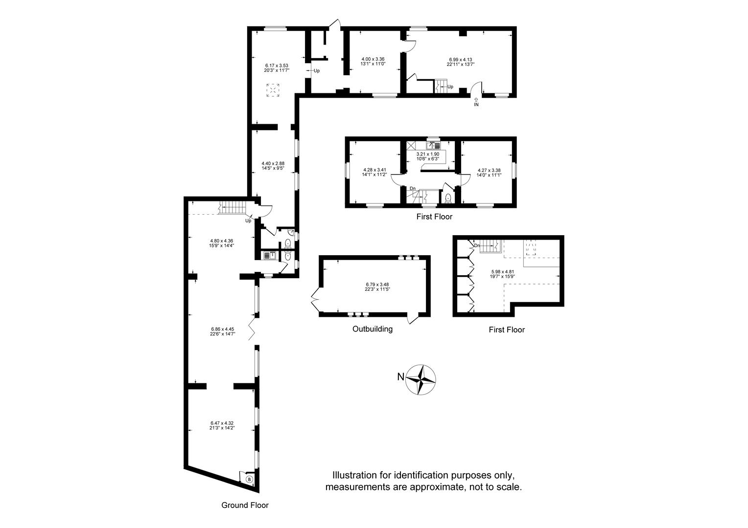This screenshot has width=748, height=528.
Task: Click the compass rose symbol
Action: tap(421, 379)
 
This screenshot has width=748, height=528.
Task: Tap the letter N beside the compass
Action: tap(401, 377)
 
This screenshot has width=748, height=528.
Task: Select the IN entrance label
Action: tap(476, 105)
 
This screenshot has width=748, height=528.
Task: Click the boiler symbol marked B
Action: tap(250, 480)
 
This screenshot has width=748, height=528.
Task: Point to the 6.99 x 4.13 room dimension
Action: tap(461, 60)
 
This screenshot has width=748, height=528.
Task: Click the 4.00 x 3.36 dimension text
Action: tap(373, 59)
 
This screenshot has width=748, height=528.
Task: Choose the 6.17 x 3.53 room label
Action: tap(277, 66)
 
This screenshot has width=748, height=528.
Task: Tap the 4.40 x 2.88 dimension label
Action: tap(273, 163)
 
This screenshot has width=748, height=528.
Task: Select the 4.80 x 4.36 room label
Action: tap(221, 241)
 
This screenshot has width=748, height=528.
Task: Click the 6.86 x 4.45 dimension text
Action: tap(223, 329)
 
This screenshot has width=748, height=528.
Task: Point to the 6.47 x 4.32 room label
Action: tap(222, 423)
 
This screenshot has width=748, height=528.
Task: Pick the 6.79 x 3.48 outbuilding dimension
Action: tap(377, 285)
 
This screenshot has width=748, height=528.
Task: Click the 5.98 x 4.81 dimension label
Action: tap(502, 271)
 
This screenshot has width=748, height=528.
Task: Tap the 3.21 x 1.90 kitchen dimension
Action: tap(427, 154)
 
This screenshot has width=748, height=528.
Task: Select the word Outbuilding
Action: tap(373, 329)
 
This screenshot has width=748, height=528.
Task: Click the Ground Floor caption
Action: tap(245, 505)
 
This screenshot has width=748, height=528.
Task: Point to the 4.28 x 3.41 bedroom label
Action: tap(374, 170)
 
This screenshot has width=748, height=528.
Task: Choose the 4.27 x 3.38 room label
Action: tap(489, 170)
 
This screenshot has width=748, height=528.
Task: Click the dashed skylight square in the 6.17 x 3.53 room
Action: tap(273, 90)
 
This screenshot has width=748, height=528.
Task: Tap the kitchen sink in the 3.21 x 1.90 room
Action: tap(433, 145)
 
